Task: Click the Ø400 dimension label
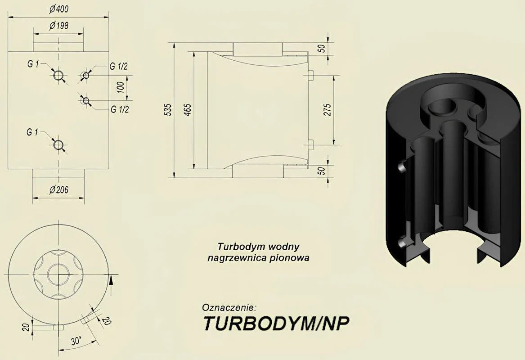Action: coord(58,9)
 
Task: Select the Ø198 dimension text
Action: coord(58,26)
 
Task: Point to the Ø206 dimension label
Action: coord(58,190)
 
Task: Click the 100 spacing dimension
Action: coord(121,87)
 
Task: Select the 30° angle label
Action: coord(76,341)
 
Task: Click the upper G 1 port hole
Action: coord(59,75)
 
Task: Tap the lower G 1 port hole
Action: coord(58,144)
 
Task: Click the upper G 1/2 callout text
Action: coord(118,66)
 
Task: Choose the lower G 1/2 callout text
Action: coord(120,109)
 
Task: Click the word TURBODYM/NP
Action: coord(277,323)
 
